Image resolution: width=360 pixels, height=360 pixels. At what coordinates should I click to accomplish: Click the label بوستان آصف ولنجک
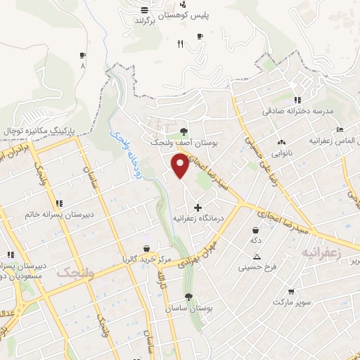coord(173,143)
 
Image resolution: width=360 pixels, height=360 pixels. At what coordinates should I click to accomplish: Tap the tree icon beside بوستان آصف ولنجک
coord(184,131)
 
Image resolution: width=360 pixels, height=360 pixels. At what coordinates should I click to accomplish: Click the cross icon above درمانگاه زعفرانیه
coord(198,207)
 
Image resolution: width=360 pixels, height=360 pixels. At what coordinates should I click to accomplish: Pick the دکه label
coord(256,240)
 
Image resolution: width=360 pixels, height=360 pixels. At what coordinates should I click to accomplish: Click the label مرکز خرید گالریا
coord(146,259)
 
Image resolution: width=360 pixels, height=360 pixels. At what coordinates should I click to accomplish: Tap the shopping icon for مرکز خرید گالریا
coord(146,248)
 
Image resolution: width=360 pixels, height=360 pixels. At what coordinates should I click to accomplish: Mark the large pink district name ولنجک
coord(75,274)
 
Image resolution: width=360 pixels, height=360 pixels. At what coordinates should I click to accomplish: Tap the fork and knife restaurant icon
coord(180,44)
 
